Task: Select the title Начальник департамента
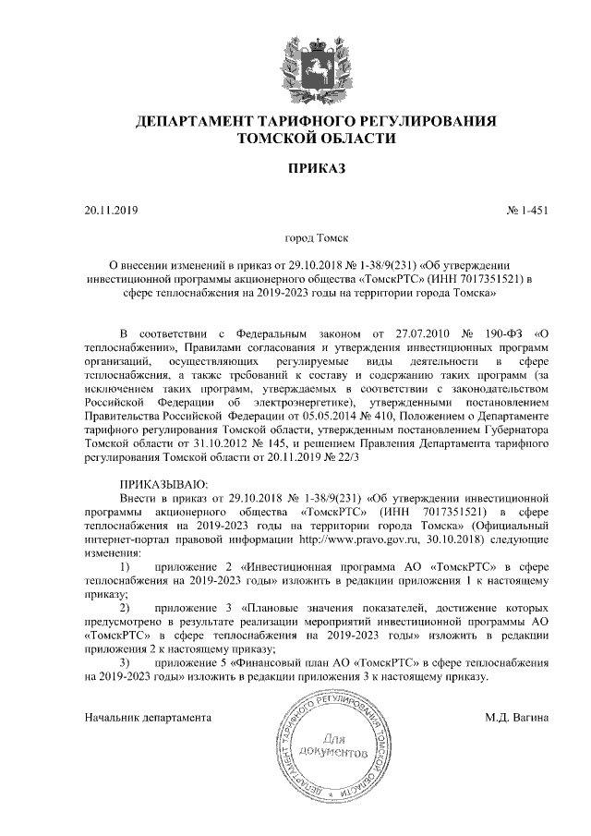(x=148, y=716)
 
